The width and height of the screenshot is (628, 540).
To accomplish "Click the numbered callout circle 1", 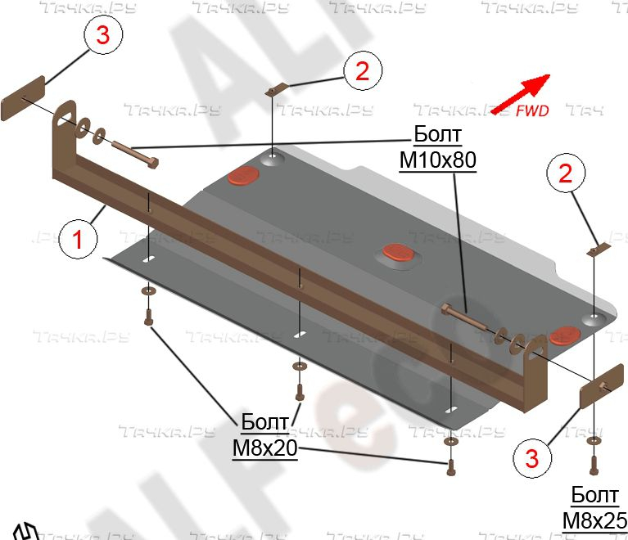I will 79,240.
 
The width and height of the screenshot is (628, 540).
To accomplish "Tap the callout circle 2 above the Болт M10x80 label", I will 363,70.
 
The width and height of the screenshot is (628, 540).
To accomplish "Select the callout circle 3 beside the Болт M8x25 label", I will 532,458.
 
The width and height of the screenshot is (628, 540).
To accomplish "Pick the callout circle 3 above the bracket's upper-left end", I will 102,36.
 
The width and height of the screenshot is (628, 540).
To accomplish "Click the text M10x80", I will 437,160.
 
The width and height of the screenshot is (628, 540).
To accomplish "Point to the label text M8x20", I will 264,448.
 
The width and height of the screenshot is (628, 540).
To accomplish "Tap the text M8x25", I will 594,520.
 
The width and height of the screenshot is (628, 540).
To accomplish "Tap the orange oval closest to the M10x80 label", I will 243,174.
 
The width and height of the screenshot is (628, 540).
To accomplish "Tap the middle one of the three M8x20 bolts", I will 300,394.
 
